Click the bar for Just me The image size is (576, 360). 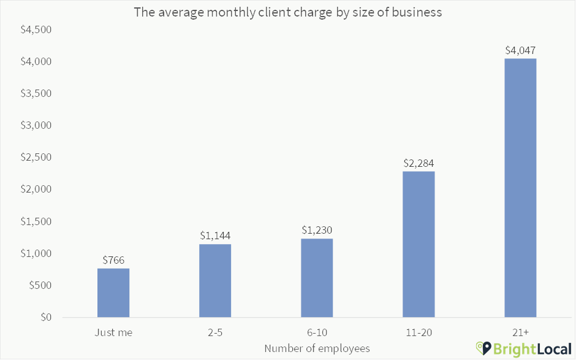(113, 293)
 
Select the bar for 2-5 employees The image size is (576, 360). (215, 281)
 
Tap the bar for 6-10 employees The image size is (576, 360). (317, 278)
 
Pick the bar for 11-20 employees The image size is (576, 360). (419, 244)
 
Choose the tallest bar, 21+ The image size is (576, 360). (520, 188)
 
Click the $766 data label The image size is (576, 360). (113, 260)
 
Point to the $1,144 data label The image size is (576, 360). (215, 236)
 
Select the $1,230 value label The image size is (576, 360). (317, 230)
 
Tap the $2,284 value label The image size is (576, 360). (419, 163)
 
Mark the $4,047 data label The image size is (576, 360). (520, 50)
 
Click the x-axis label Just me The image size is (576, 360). (113, 332)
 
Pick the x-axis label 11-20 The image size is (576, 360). (419, 332)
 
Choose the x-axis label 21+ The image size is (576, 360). (520, 332)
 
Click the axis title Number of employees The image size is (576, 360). (317, 348)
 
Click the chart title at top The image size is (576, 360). (288, 12)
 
